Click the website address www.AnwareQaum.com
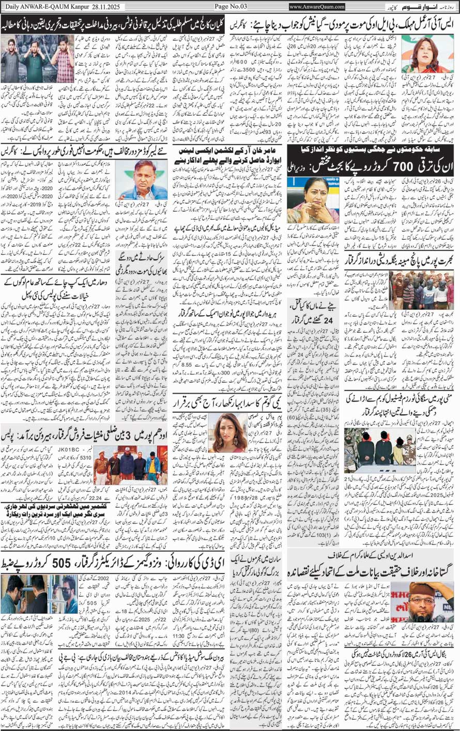click(317, 7)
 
